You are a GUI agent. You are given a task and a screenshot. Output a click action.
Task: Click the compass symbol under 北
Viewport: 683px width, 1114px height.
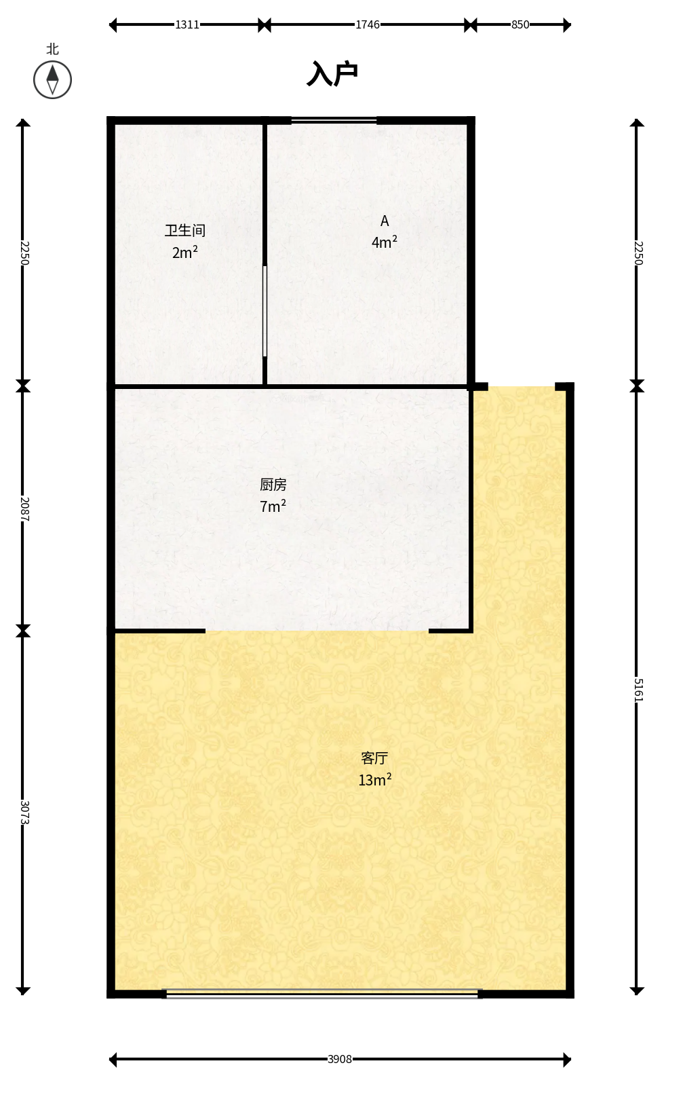52,79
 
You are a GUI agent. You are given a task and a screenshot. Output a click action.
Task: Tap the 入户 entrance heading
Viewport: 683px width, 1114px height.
332,73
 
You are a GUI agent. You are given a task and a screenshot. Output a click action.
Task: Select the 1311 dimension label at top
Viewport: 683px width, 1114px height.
187,24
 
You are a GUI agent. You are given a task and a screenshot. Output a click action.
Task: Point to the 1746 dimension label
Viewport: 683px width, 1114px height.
368,24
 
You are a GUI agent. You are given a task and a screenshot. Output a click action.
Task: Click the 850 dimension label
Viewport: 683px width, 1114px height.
520,24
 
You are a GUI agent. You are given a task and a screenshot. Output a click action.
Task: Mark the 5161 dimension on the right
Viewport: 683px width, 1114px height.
638,690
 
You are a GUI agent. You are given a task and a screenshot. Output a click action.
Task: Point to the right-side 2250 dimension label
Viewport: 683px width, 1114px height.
638,253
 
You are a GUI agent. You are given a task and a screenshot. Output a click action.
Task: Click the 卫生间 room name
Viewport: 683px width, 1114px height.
184,230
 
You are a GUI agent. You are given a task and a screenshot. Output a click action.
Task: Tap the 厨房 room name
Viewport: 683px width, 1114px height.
273,484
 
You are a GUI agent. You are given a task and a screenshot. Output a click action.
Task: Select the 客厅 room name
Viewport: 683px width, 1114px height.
374,758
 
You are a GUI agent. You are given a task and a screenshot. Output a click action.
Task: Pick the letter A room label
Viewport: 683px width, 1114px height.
385,221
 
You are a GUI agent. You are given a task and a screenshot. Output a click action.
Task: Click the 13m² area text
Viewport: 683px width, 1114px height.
375,779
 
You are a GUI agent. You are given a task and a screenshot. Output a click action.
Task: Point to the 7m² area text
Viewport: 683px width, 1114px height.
273,506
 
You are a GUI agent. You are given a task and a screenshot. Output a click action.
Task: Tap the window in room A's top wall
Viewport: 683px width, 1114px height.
334,120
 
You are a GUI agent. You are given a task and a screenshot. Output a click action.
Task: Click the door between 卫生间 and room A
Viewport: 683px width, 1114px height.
265,311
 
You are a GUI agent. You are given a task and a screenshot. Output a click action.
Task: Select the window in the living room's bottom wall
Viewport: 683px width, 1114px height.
322,993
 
